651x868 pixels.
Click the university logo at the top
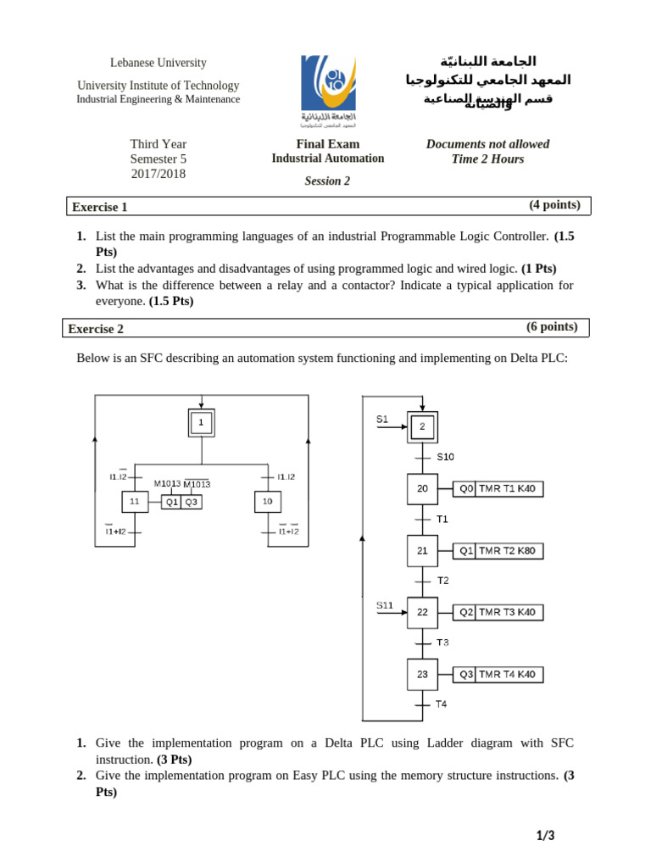pyautogui.click(x=328, y=89)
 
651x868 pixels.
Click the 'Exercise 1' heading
pyautogui.click(x=100, y=207)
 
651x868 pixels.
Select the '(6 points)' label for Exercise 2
pyautogui.click(x=552, y=326)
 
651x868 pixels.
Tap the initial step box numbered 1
pyautogui.click(x=201, y=422)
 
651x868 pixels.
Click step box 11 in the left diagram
pyautogui.click(x=134, y=502)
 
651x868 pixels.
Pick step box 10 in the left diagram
pyautogui.click(x=267, y=502)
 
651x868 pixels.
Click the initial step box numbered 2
pyautogui.click(x=422, y=426)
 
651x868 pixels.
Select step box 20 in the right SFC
pyautogui.click(x=422, y=489)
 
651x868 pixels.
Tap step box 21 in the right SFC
pyautogui.click(x=422, y=550)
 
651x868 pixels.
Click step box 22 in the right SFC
pyautogui.click(x=422, y=612)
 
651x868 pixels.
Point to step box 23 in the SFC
pyautogui.click(x=422, y=675)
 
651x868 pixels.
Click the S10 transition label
pyautogui.click(x=445, y=457)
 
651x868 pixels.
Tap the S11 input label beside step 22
pyautogui.click(x=385, y=605)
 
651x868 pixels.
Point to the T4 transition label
pyautogui.click(x=441, y=704)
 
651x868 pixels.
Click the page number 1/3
pyautogui.click(x=545, y=836)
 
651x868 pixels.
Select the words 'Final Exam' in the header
pyautogui.click(x=327, y=144)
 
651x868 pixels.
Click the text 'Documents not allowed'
pyautogui.click(x=487, y=144)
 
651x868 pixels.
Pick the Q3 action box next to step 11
pyautogui.click(x=192, y=502)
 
